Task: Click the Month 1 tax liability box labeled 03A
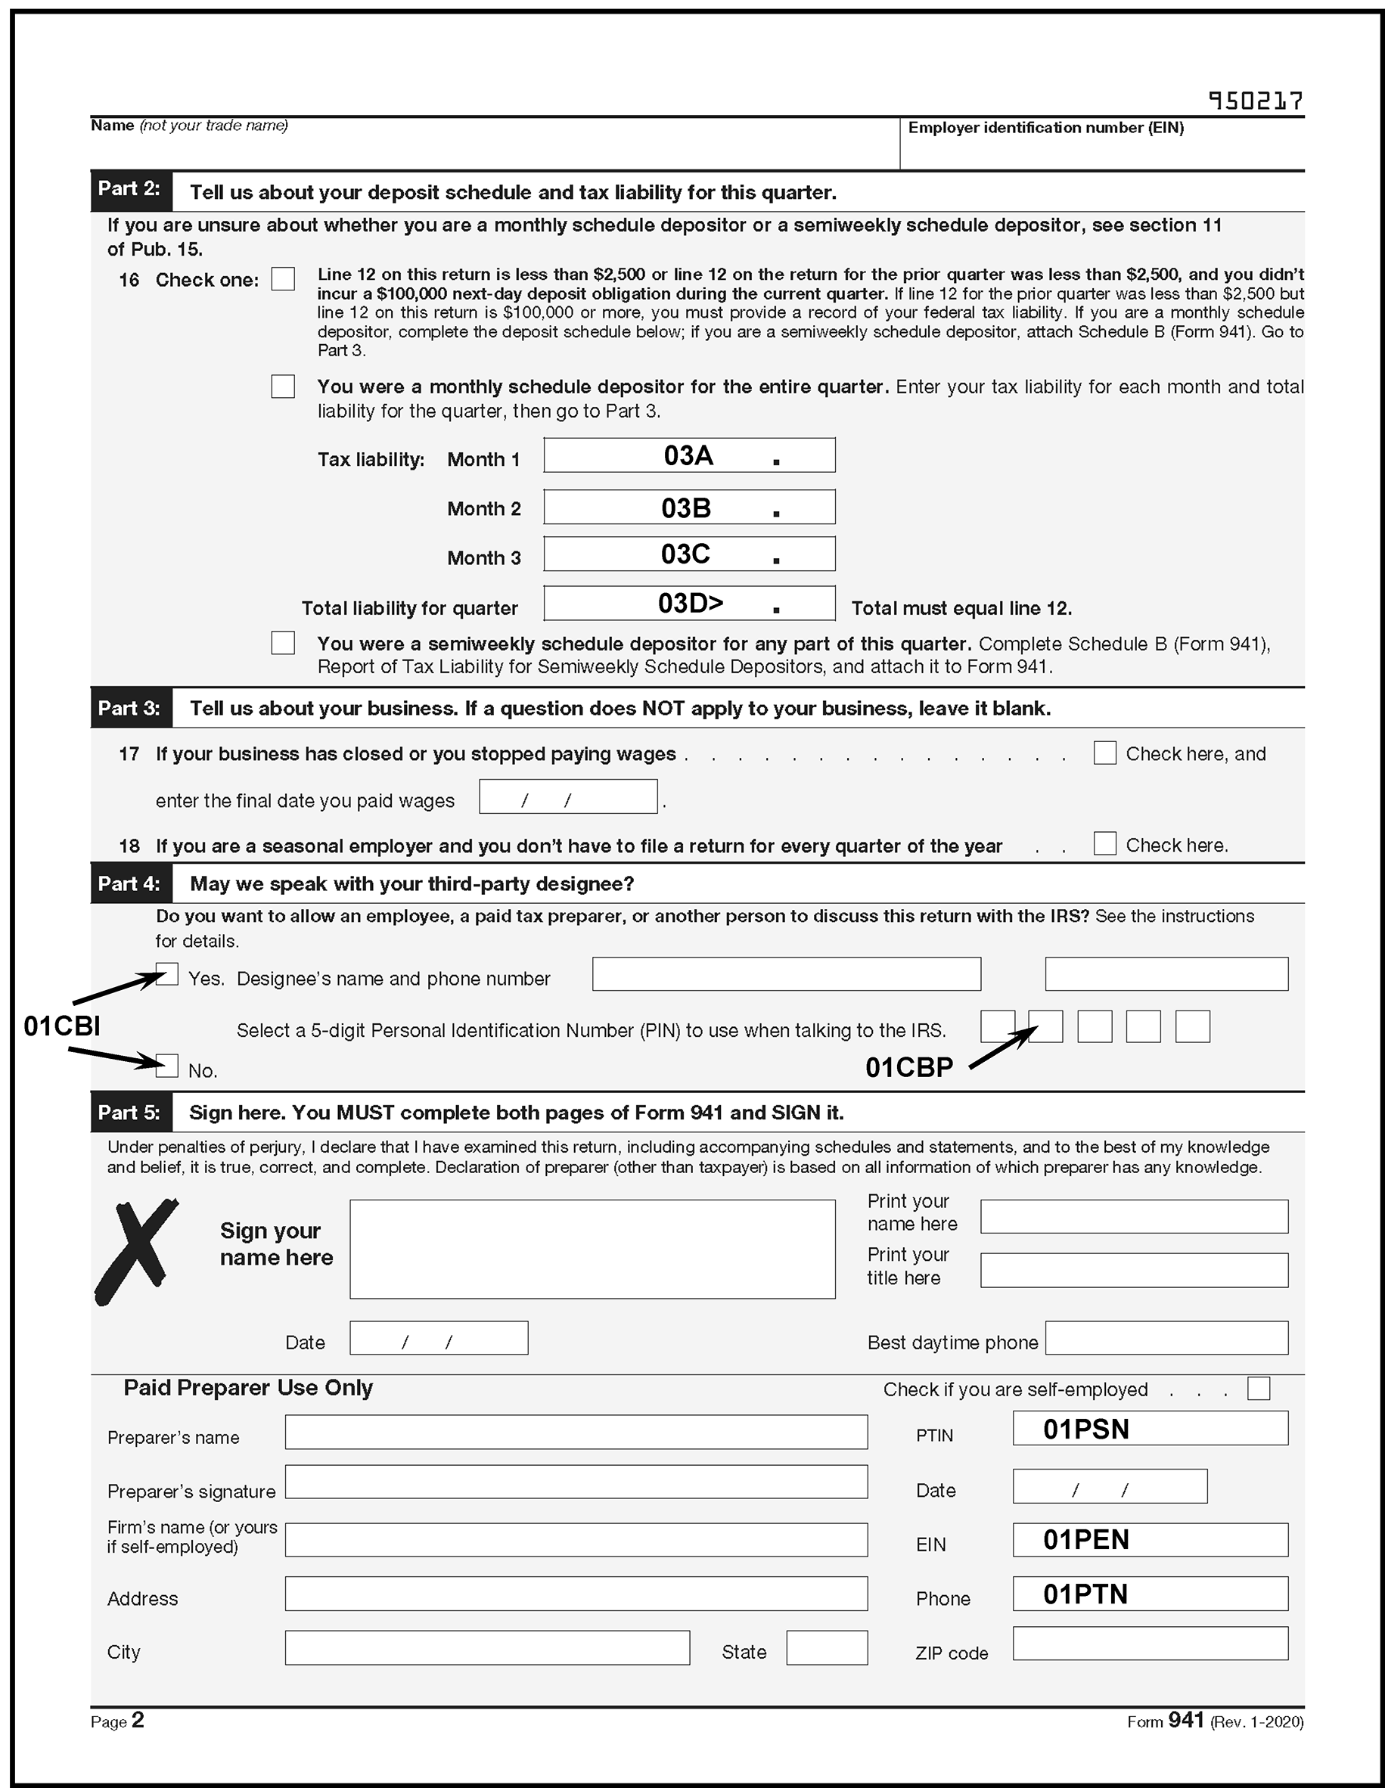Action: tap(688, 455)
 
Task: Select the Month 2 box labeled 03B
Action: tap(688, 508)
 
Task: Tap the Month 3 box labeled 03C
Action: tap(688, 554)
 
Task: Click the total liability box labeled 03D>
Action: tap(688, 604)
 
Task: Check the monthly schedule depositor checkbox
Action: tap(283, 386)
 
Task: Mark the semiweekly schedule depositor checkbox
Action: tap(283, 643)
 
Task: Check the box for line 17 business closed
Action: tap(1104, 753)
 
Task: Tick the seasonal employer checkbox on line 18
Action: tap(1104, 843)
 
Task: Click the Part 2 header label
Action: tap(130, 190)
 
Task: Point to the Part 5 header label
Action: tap(130, 1112)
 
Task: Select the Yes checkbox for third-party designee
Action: tap(167, 974)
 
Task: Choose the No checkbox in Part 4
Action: tap(167, 1066)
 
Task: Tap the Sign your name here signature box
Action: tap(592, 1249)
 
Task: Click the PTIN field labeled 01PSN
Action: tap(1149, 1429)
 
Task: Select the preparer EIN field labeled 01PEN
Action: tap(1149, 1539)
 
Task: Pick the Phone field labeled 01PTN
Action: tap(1149, 1593)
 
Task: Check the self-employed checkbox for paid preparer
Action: tap(1258, 1389)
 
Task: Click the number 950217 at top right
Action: tap(1255, 101)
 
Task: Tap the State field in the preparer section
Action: tap(826, 1647)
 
